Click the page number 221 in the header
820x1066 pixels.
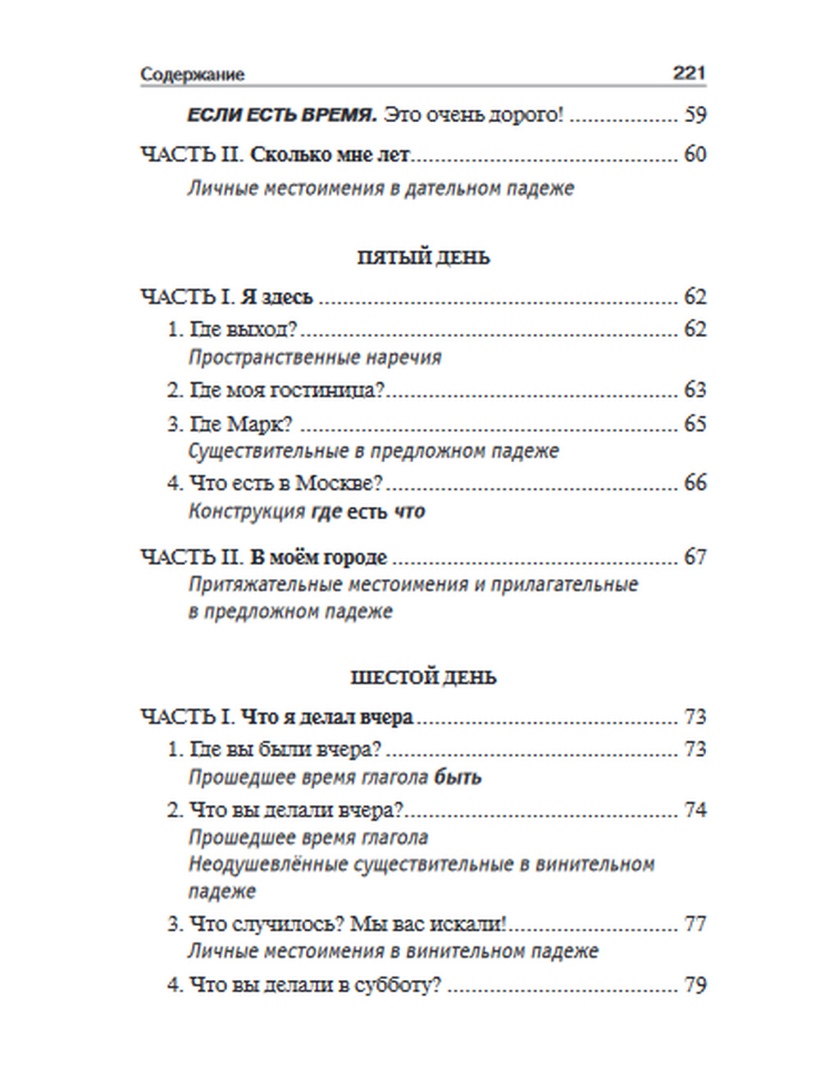pyautogui.click(x=689, y=73)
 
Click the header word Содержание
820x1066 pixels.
pyautogui.click(x=192, y=75)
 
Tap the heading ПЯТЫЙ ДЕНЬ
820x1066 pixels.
pyautogui.click(x=423, y=257)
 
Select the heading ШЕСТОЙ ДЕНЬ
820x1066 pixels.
pyautogui.click(x=423, y=677)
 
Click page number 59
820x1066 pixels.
pyautogui.click(x=695, y=115)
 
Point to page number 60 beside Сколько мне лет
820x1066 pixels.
pyautogui.click(x=695, y=154)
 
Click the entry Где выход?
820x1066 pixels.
pyautogui.click(x=243, y=330)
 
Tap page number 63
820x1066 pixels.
pyautogui.click(x=695, y=389)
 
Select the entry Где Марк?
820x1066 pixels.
pyautogui.click(x=241, y=424)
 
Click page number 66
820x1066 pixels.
pyautogui.click(x=695, y=482)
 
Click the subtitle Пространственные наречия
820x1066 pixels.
pyautogui.click(x=315, y=358)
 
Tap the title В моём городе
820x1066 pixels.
pyautogui.click(x=318, y=558)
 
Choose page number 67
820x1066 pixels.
pyautogui.click(x=695, y=558)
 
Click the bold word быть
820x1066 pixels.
pyautogui.click(x=458, y=777)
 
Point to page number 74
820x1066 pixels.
pyautogui.click(x=695, y=810)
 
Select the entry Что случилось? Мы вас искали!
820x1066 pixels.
pyautogui.click(x=348, y=924)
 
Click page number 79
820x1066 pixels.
pyautogui.click(x=695, y=985)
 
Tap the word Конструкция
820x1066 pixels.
pyautogui.click(x=247, y=512)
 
